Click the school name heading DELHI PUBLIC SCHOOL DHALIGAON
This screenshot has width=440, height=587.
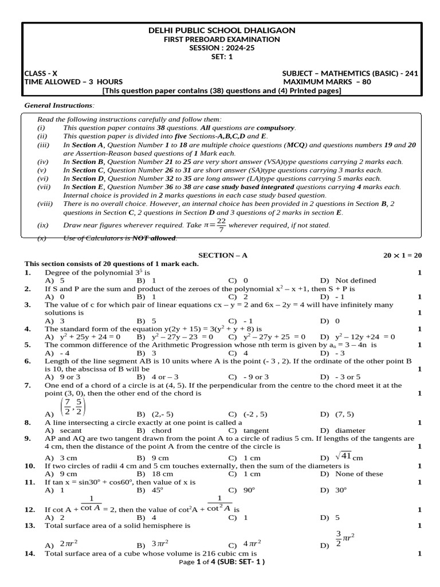(222, 30)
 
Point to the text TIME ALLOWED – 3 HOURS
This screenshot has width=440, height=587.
(73, 82)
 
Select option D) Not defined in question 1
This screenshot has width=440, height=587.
(348, 280)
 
